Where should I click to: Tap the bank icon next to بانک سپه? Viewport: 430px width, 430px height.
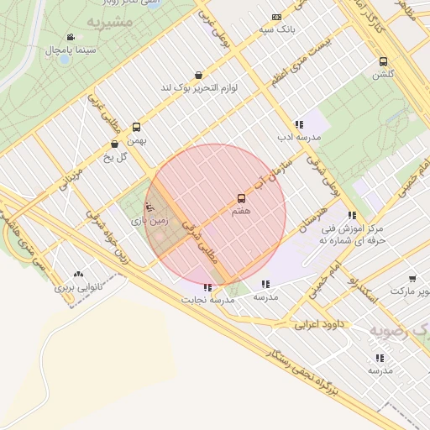tap(277, 17)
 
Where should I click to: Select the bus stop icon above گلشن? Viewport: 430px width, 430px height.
tap(383, 61)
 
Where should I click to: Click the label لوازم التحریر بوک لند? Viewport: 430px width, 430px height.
tap(198, 87)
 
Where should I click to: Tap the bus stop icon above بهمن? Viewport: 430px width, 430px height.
tap(136, 128)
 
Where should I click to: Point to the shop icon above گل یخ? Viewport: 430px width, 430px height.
tap(115, 144)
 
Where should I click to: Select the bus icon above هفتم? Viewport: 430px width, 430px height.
tap(242, 199)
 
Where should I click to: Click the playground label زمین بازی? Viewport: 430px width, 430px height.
tap(149, 220)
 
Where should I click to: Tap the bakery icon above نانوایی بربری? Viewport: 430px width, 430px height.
tap(78, 274)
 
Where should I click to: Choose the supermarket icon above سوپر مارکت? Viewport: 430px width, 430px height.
tap(412, 279)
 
